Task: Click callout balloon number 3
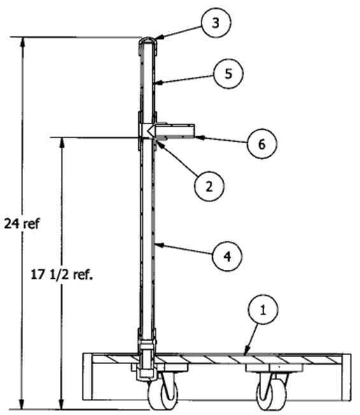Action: [216, 23]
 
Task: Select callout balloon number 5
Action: [228, 74]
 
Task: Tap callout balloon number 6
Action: [262, 144]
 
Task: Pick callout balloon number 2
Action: [209, 186]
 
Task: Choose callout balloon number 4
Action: [227, 257]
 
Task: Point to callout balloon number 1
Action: [263, 309]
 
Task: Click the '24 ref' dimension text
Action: [22, 223]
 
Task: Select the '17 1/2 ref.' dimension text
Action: [62, 274]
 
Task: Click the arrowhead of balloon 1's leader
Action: [246, 352]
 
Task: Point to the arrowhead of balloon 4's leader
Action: [158, 245]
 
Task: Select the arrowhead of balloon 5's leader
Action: [157, 83]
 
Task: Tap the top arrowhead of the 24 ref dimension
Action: [23, 41]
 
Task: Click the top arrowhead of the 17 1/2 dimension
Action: [62, 141]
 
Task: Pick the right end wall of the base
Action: [347, 377]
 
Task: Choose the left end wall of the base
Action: [87, 377]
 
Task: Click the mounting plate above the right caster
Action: [274, 367]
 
